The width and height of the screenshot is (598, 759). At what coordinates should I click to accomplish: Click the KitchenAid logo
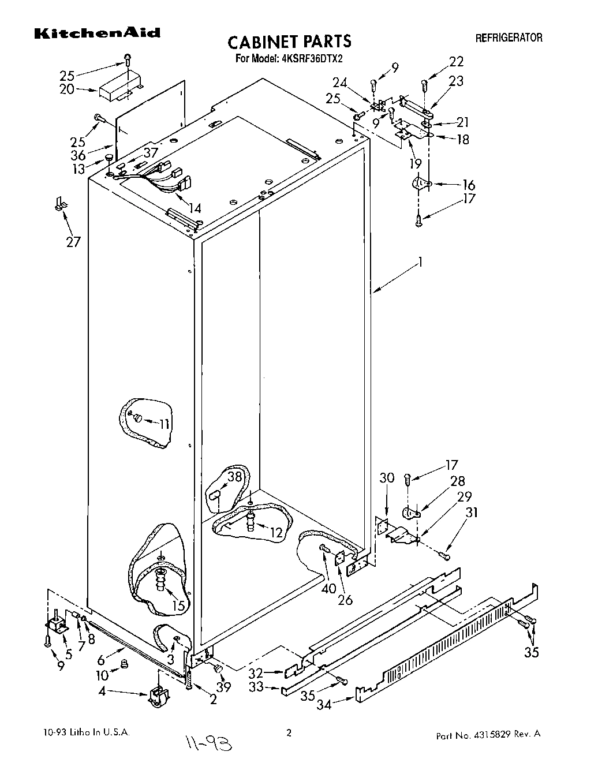[x=97, y=33]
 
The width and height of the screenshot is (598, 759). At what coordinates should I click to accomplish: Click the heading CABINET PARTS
[x=289, y=42]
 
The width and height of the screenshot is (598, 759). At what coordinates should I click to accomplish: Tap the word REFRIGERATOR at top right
[x=509, y=38]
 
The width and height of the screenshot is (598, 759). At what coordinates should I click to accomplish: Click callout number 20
[x=67, y=89]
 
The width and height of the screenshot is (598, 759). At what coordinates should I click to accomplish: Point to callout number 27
[x=73, y=241]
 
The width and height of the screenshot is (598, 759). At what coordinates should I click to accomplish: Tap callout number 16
[x=469, y=185]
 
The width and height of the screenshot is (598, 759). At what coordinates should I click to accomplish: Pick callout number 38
[x=234, y=476]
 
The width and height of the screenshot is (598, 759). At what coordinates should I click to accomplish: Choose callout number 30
[x=387, y=477]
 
